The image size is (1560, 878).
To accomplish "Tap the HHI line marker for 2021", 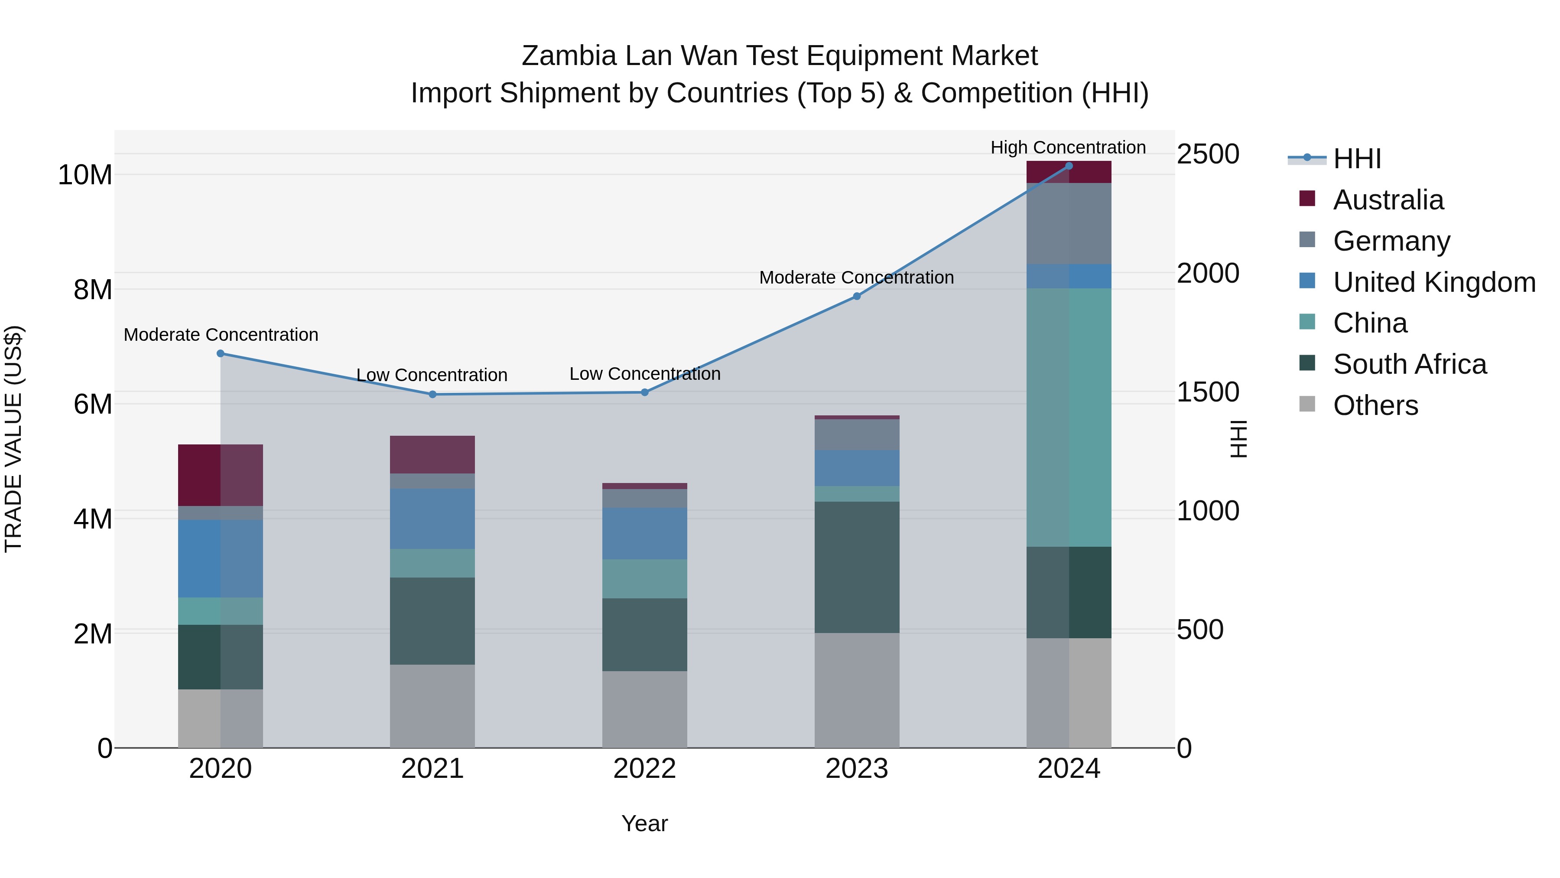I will click(x=432, y=395).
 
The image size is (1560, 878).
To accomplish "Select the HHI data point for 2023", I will click(x=856, y=296).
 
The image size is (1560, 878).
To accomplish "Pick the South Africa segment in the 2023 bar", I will click(x=856, y=567).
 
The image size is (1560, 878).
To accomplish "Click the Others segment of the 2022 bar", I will click(x=644, y=709).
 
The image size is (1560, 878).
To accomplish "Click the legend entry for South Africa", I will click(x=1409, y=365).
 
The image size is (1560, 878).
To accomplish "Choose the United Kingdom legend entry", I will click(x=1433, y=282).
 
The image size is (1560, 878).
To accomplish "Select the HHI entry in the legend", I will click(x=1356, y=159).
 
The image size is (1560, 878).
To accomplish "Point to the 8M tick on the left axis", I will click(x=92, y=290).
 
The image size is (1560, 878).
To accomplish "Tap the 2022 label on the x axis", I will click(x=644, y=769).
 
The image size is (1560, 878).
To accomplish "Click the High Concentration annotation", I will click(x=1068, y=147).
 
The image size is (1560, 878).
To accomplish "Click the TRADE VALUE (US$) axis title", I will click(x=13, y=439).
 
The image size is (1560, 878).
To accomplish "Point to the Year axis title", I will click(x=644, y=823).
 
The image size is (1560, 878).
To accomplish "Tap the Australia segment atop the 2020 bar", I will click(x=221, y=475).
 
